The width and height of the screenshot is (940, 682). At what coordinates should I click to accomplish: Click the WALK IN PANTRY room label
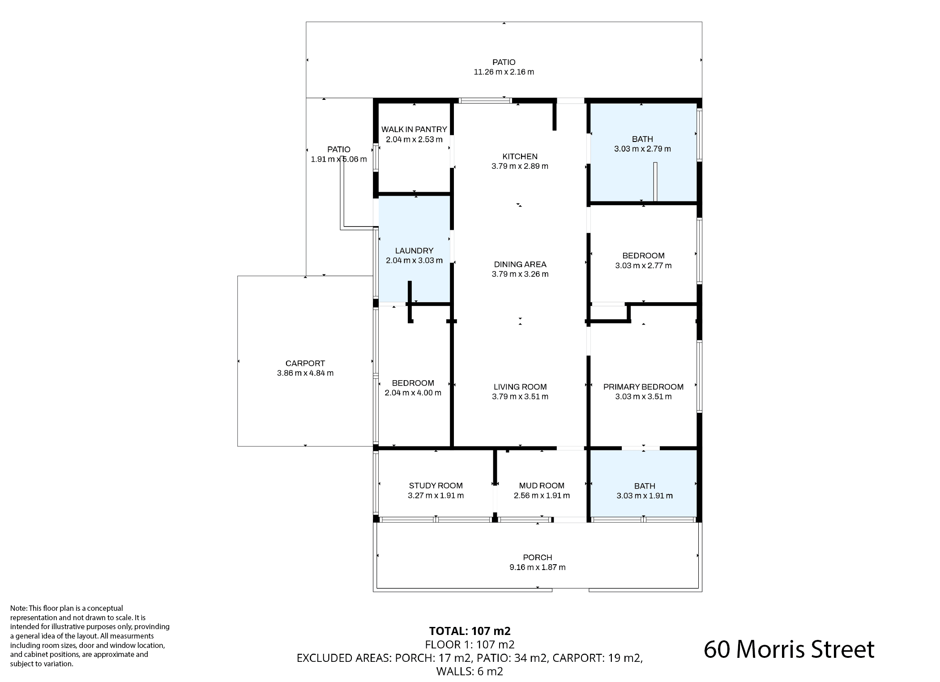click(x=414, y=129)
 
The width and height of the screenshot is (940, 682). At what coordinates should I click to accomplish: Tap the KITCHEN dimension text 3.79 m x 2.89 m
click(x=520, y=166)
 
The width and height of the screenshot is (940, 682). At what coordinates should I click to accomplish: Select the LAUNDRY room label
click(x=414, y=251)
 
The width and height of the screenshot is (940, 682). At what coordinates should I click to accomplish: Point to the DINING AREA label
click(x=520, y=265)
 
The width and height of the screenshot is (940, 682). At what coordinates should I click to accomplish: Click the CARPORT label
click(x=305, y=364)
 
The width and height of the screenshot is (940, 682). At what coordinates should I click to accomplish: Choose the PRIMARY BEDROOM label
click(x=643, y=387)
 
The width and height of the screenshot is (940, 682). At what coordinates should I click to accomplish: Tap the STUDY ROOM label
click(x=436, y=486)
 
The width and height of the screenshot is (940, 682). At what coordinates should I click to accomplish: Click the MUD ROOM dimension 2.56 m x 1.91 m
click(x=542, y=496)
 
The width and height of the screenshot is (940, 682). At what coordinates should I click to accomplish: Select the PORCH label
click(x=537, y=558)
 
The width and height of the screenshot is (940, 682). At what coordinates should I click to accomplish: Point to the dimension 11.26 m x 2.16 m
click(x=504, y=72)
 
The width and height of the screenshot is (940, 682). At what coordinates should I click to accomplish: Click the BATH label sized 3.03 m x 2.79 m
click(x=642, y=139)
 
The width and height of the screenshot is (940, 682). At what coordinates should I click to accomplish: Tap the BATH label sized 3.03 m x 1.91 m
click(x=645, y=486)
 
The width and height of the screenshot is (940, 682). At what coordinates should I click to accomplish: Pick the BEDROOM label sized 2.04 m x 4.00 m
click(x=413, y=383)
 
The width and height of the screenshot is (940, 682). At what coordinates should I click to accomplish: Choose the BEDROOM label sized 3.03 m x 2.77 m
click(x=643, y=256)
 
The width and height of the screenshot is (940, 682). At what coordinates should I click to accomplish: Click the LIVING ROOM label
click(x=520, y=387)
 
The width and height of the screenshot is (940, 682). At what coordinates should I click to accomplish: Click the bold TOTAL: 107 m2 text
click(x=470, y=631)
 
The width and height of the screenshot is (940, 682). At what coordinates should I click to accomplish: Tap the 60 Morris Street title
click(x=789, y=649)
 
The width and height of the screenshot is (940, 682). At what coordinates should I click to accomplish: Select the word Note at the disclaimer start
click(x=18, y=608)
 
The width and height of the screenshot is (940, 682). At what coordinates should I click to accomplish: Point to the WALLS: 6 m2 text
click(x=470, y=671)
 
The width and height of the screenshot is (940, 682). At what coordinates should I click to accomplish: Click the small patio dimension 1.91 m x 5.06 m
click(x=338, y=159)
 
